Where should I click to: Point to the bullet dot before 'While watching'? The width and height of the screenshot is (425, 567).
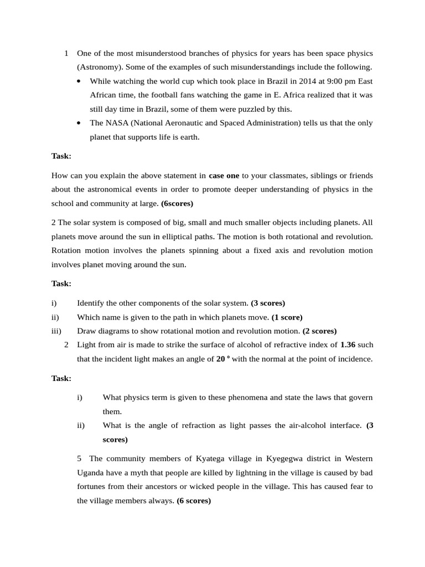80,81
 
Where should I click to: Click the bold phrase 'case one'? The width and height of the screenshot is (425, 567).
224,176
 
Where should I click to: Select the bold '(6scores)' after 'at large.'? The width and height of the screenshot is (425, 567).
177,203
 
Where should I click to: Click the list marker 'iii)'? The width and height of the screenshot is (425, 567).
56,331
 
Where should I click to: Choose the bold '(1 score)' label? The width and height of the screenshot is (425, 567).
288,317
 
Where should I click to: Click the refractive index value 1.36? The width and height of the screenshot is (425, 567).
348,344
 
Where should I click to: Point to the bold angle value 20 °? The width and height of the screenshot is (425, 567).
223,358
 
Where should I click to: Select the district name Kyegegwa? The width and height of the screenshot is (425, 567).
287,458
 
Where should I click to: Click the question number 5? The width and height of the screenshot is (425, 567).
80,458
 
